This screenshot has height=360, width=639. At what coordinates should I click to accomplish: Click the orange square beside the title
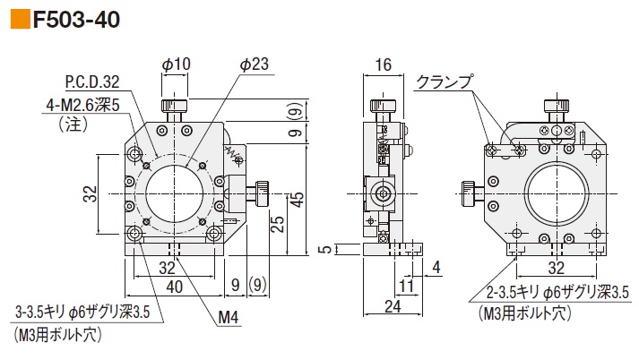point(18,17)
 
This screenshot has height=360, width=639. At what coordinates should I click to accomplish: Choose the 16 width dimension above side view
point(384,64)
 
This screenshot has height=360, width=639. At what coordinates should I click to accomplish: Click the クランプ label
point(445,81)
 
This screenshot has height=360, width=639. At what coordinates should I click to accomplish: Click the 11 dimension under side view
point(407,287)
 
